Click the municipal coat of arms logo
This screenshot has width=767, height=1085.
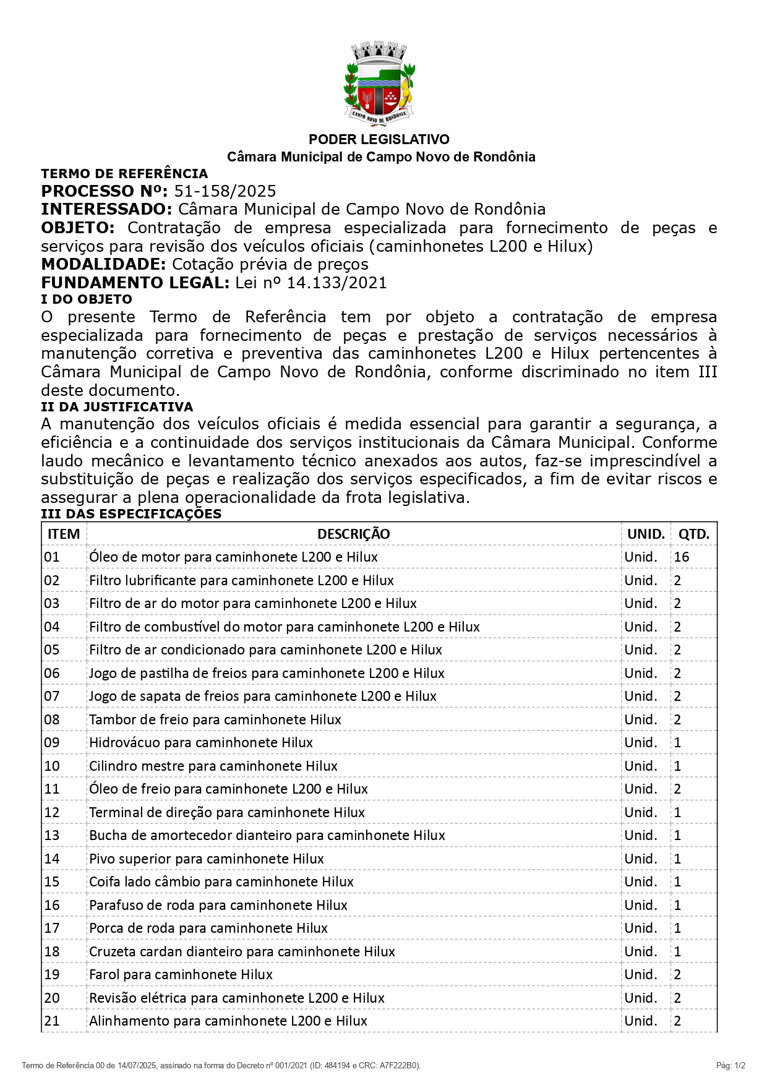[x=379, y=83]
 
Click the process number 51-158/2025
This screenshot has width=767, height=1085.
[x=225, y=191]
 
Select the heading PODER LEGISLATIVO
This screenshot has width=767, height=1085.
[x=379, y=139]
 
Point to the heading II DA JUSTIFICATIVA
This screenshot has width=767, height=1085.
[x=117, y=407]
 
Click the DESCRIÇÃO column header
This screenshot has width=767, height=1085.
[x=353, y=534]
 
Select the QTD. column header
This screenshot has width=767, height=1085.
[x=693, y=534]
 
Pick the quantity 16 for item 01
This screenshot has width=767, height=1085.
[x=682, y=557]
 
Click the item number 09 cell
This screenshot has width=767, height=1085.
[x=52, y=742]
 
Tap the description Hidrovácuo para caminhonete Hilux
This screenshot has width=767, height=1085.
[x=201, y=742]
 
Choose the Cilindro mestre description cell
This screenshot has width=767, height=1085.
[x=213, y=766]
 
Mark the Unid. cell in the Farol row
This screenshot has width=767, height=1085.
[x=640, y=974]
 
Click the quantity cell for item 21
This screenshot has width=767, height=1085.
[x=678, y=1021]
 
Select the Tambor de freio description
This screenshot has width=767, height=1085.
[x=215, y=719]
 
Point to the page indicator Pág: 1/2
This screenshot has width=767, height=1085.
[x=731, y=1065]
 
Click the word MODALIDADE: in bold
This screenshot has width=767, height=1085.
[x=103, y=265]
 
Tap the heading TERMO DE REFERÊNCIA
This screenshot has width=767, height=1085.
[x=124, y=174]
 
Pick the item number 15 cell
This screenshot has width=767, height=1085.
[x=52, y=881]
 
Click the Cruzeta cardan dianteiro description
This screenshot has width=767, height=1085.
[x=242, y=951]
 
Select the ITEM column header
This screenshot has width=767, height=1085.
[x=64, y=534]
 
